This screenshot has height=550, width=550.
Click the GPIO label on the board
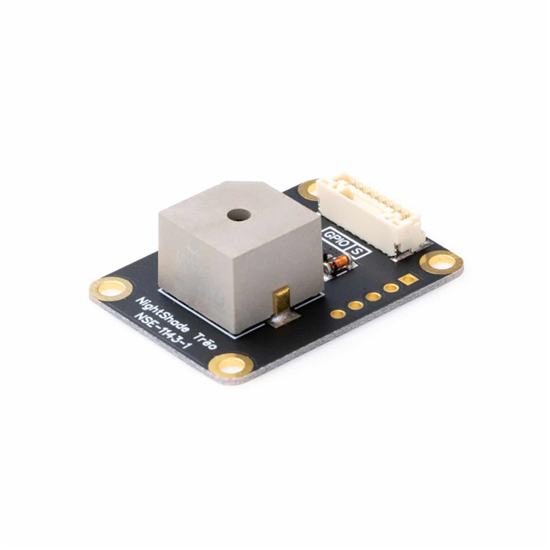333,236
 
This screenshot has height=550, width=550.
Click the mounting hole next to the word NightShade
109,290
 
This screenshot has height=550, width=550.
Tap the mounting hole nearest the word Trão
231,366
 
